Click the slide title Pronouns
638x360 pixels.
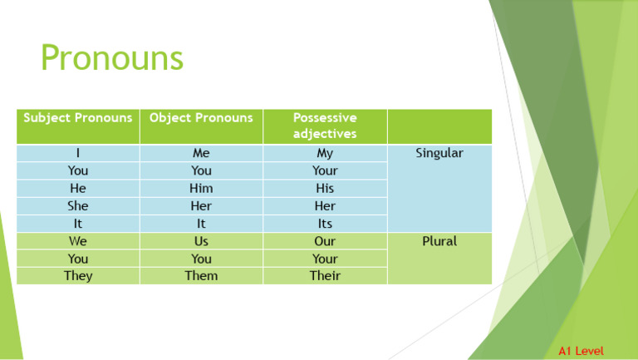pyautogui.click(x=111, y=59)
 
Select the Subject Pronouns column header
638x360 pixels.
pyautogui.click(x=78, y=118)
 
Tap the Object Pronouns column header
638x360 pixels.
pyautogui.click(x=200, y=118)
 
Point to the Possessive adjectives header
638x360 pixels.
pyautogui.click(x=325, y=126)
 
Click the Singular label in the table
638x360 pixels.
pyautogui.click(x=439, y=153)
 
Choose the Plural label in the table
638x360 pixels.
pyautogui.click(x=439, y=241)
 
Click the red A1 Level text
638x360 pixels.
pyautogui.click(x=581, y=352)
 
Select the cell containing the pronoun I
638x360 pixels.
pyautogui.click(x=78, y=153)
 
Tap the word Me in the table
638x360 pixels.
pyautogui.click(x=200, y=153)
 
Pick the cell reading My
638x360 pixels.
pyautogui.click(x=325, y=153)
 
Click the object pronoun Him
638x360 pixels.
pyautogui.click(x=200, y=188)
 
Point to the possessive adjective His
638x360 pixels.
pyautogui.click(x=325, y=188)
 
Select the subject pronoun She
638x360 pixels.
pyautogui.click(x=78, y=205)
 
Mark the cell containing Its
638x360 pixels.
pyautogui.click(x=325, y=224)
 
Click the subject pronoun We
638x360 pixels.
pyautogui.click(x=78, y=241)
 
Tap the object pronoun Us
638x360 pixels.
pyautogui.click(x=200, y=241)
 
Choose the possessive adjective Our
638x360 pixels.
pyautogui.click(x=325, y=241)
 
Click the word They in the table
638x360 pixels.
pyautogui.click(x=78, y=275)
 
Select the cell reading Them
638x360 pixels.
pyautogui.click(x=200, y=275)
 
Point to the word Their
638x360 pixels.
pyautogui.click(x=325, y=275)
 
